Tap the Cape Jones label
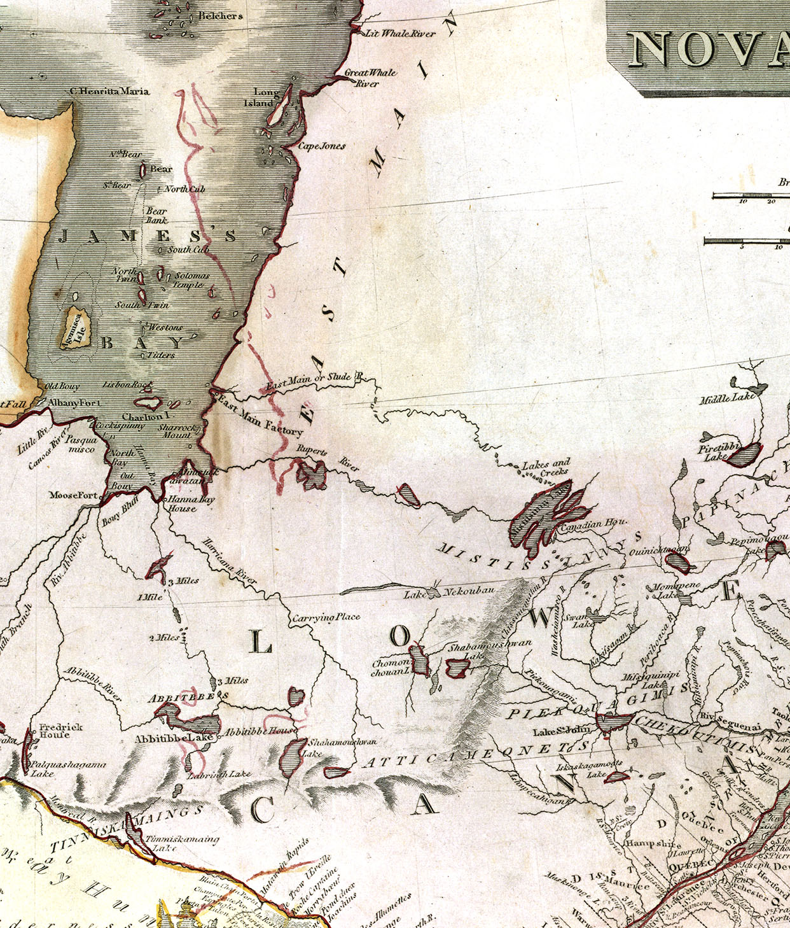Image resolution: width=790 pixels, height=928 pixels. pyautogui.click(x=322, y=146)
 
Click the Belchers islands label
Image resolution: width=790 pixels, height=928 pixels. pyautogui.click(x=220, y=15)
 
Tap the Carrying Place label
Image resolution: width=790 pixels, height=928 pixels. pyautogui.click(x=326, y=617)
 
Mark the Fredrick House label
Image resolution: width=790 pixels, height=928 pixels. pyautogui.click(x=61, y=731)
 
